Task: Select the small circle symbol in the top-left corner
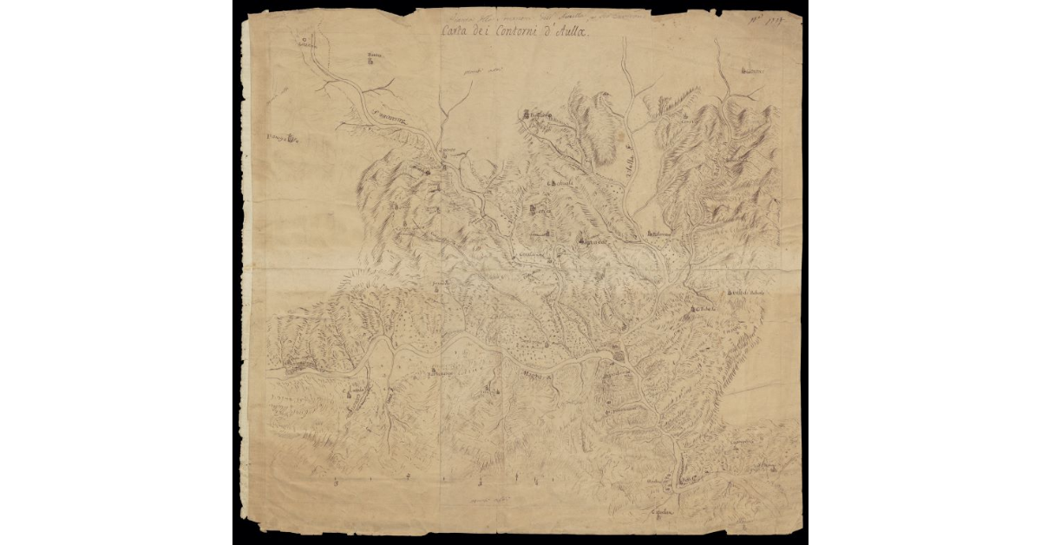304,39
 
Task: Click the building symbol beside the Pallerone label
647,233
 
